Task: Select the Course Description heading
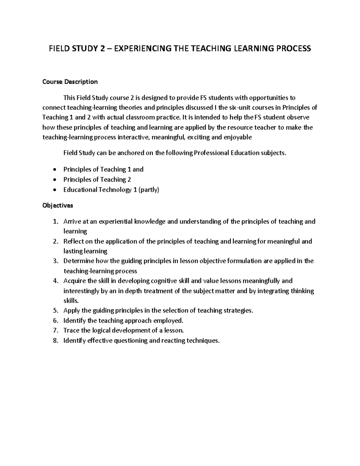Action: pyautogui.click(x=70, y=82)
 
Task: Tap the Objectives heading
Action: pyautogui.click(x=58, y=206)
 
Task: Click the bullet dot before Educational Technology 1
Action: pyautogui.click(x=54, y=190)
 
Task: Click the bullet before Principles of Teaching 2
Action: pyautogui.click(x=54, y=180)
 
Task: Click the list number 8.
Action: pyautogui.click(x=55, y=341)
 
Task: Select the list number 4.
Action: pyautogui.click(x=55, y=281)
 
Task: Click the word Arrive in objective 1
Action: pyautogui.click(x=71, y=221)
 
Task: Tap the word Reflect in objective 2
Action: pyautogui.click(x=73, y=241)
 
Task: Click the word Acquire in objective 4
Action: pyautogui.click(x=74, y=281)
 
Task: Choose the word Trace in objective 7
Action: pyautogui.click(x=71, y=330)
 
